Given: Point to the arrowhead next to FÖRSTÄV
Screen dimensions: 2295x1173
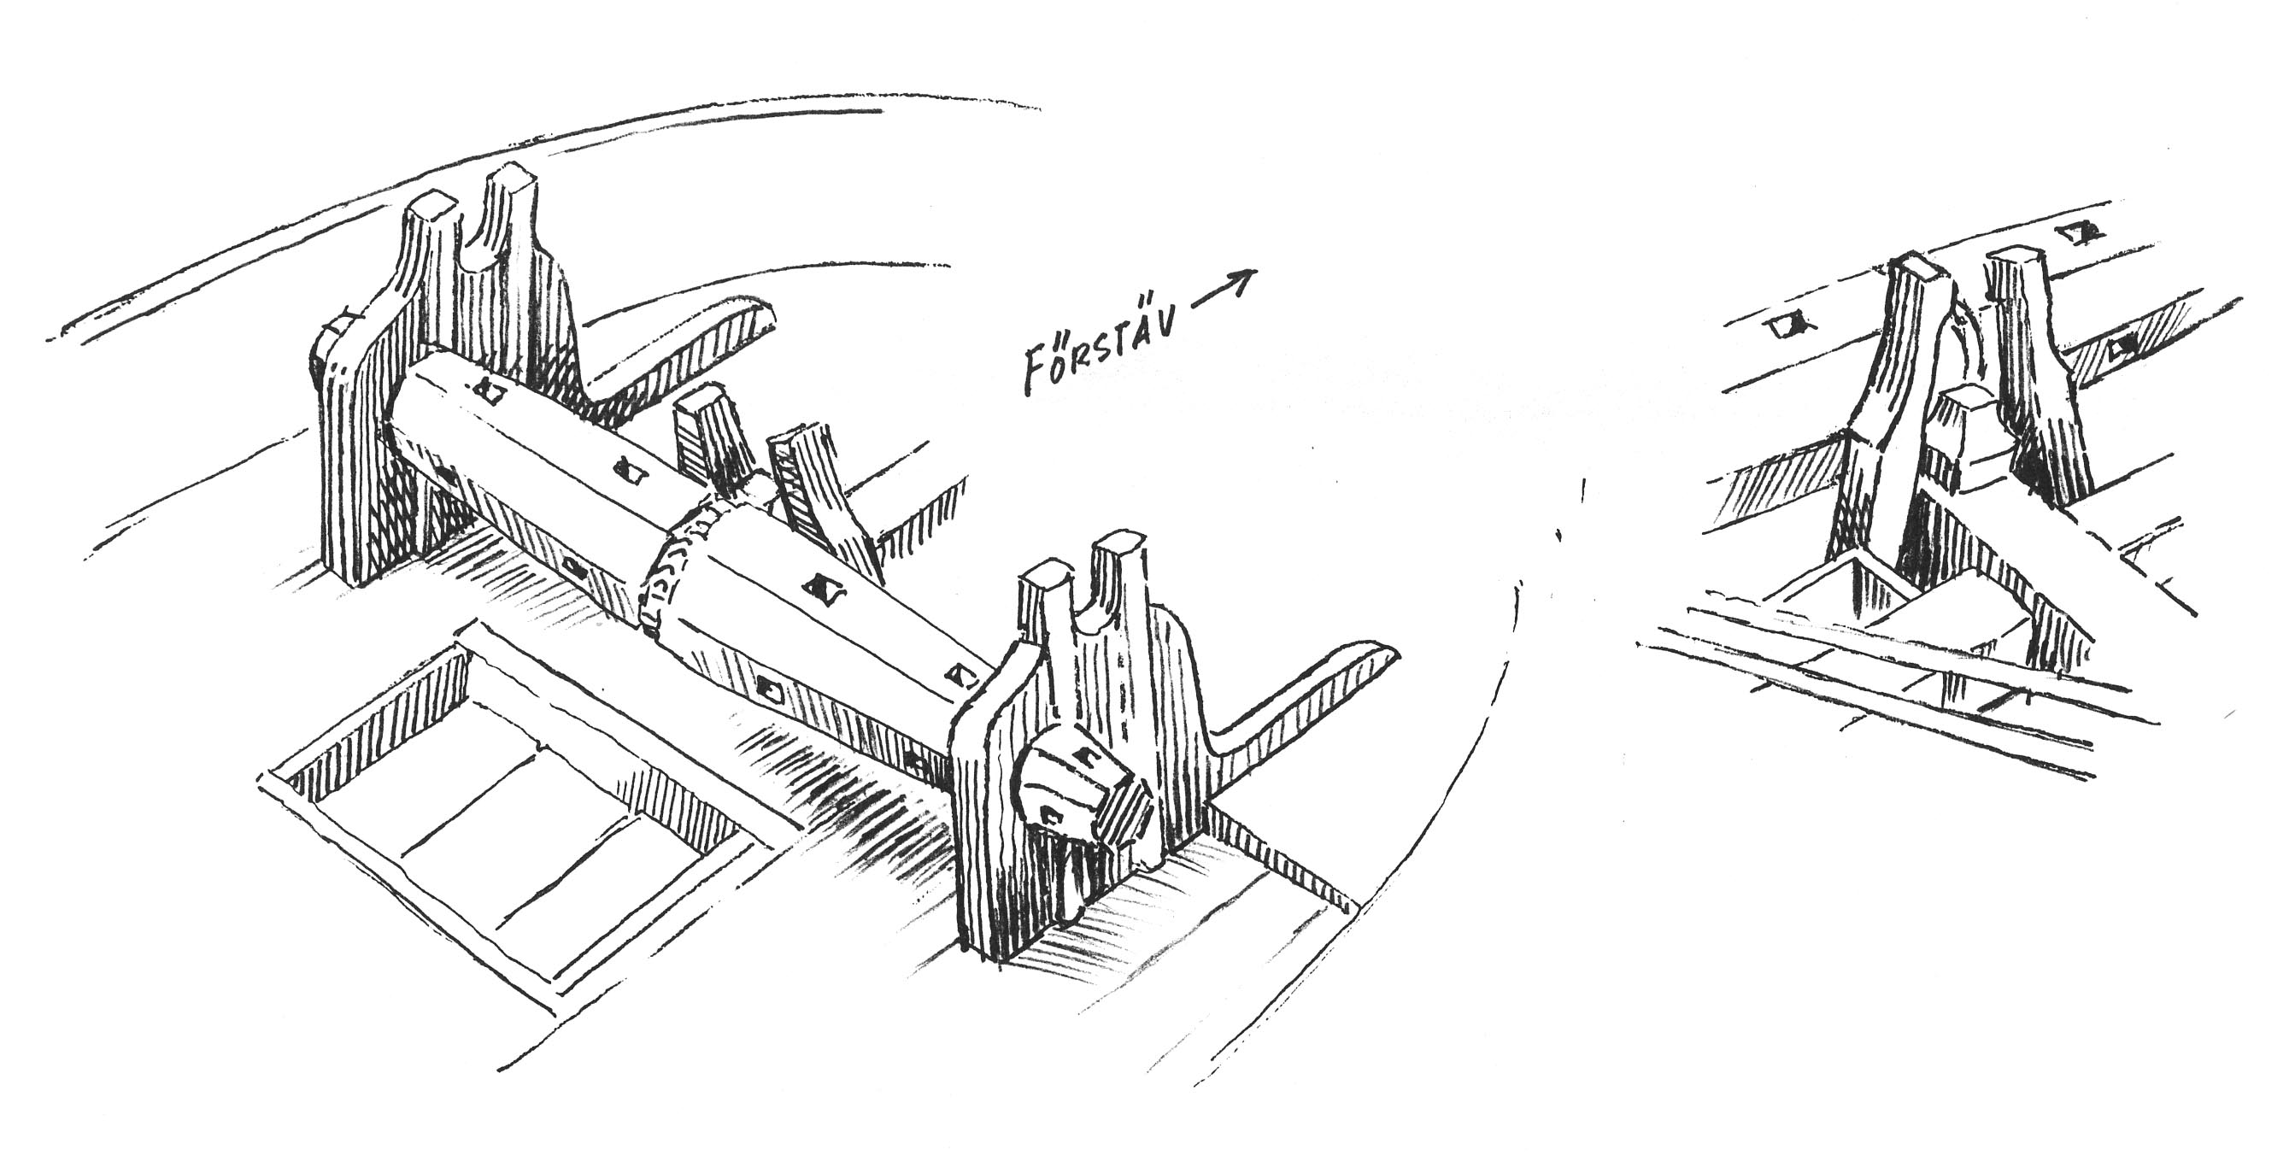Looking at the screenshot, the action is [1243, 278].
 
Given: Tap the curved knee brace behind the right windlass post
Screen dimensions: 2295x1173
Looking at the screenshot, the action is [1292, 704].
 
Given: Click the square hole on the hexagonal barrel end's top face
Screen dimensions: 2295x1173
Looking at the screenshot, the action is [1084, 756].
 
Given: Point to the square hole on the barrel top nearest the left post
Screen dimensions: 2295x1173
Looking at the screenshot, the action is [486, 390].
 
